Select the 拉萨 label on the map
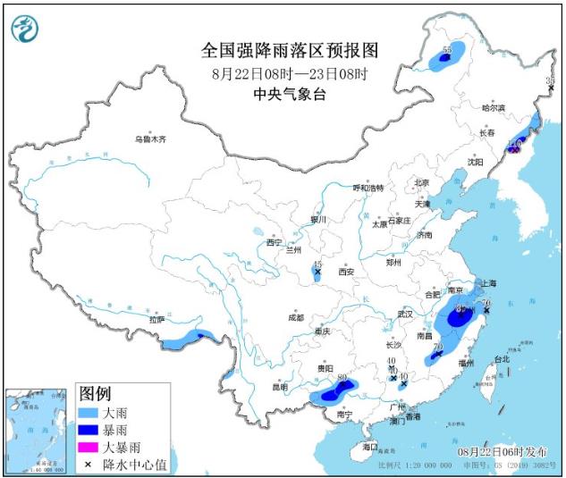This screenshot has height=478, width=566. coord(157,318)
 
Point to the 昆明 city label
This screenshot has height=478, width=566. coord(280,387)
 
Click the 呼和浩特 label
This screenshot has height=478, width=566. coord(367,188)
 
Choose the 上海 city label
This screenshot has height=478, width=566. coord(488,283)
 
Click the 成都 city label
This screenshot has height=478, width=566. coord(295,317)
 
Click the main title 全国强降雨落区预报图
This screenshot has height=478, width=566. coord(290,48)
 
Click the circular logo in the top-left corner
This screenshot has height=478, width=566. coord(27,29)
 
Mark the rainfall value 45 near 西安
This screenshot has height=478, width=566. coord(317,264)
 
